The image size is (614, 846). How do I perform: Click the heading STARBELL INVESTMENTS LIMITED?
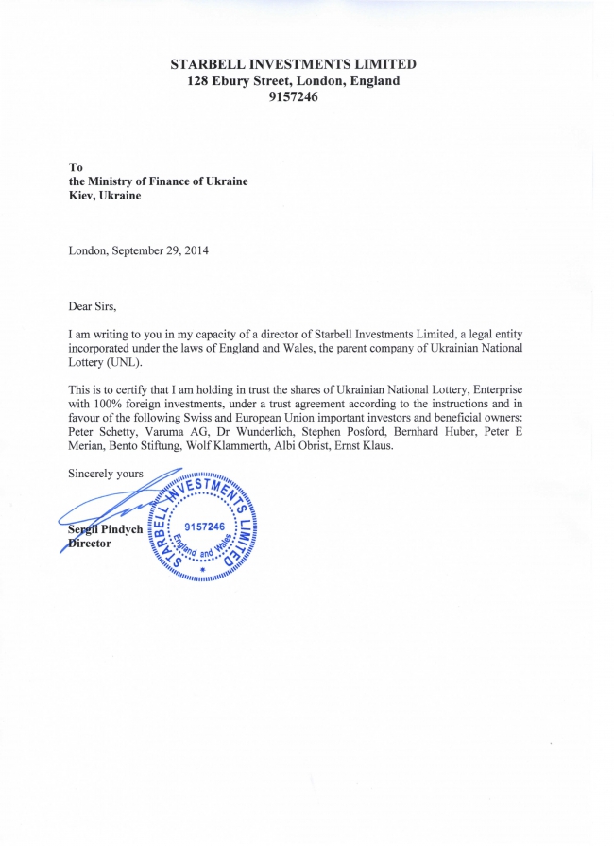293,64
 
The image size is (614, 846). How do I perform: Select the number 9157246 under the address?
293,96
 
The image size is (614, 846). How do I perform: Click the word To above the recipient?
77,167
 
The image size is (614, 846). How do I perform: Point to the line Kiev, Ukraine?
105,196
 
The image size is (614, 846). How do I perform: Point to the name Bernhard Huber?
440,431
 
